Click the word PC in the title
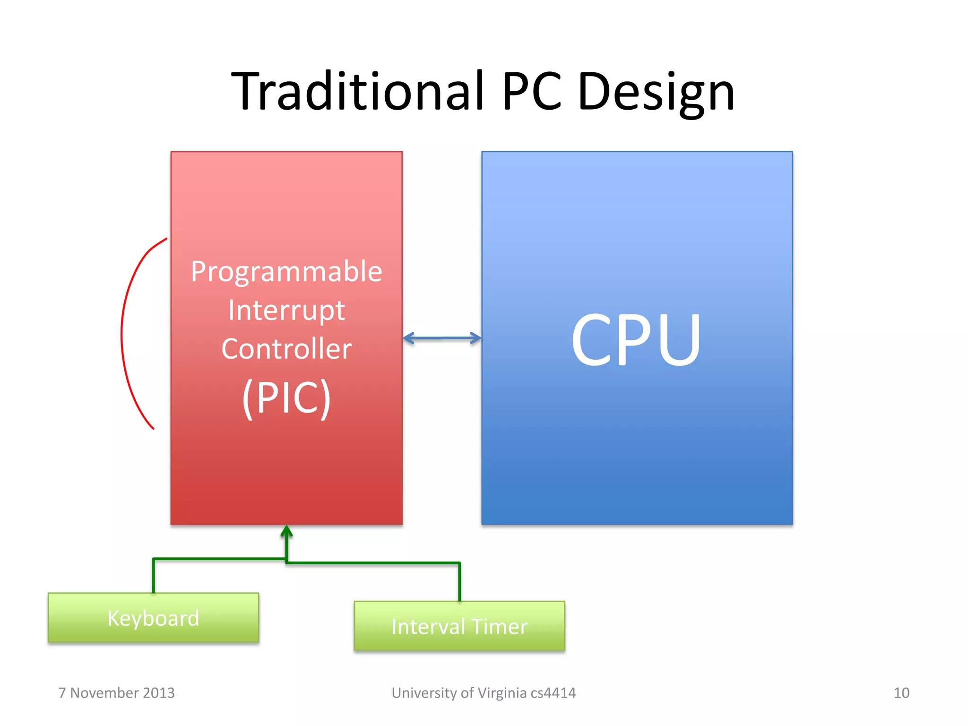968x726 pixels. [532, 91]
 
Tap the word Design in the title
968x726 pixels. [656, 92]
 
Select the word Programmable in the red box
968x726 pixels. [286, 272]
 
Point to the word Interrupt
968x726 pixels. [286, 311]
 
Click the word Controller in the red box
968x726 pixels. [286, 349]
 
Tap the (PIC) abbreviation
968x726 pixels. [286, 398]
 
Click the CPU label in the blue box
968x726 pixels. [636, 339]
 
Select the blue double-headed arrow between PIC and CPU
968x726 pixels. [442, 338]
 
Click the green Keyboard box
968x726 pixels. [153, 618]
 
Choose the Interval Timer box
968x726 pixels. [459, 626]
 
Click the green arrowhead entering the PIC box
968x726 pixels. [286, 531]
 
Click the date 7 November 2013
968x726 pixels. [116, 693]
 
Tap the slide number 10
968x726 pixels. [901, 693]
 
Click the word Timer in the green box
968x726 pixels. [499, 627]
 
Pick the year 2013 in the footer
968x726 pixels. [159, 693]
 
